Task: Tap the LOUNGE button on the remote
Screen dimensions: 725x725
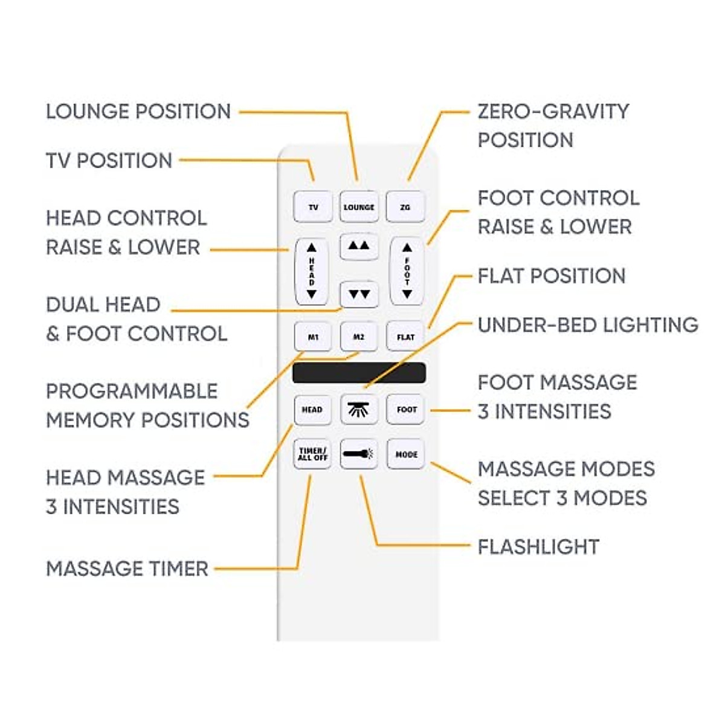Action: (359, 207)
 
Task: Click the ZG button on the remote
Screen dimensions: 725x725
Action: (405, 207)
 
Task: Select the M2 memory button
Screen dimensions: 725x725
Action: (359, 337)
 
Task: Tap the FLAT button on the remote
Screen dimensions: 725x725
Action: (405, 337)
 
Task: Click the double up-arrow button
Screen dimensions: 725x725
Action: (359, 246)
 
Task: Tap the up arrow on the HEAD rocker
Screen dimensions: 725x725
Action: (312, 248)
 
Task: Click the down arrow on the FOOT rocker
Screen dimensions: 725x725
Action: (407, 294)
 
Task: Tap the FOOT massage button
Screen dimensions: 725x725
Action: (407, 410)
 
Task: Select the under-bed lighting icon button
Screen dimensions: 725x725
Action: (359, 410)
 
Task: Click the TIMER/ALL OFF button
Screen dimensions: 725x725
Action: (312, 454)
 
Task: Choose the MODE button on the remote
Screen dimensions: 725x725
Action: (406, 454)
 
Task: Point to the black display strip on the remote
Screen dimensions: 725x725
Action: (359, 373)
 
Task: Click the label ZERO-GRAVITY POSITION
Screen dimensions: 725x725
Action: (553, 126)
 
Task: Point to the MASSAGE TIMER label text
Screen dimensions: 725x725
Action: (127, 569)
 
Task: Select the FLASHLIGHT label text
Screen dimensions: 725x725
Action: (538, 547)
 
